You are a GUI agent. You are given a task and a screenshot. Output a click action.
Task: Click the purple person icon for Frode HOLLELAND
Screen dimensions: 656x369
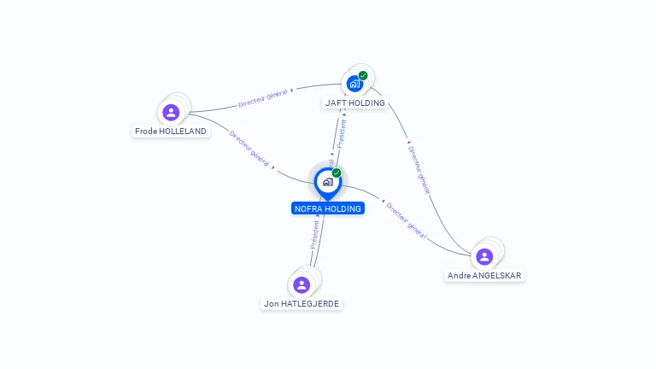tap(171, 112)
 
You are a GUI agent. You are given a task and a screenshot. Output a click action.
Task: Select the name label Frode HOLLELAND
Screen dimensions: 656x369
tap(171, 132)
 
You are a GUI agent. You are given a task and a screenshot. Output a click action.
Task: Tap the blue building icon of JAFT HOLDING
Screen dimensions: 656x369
tap(354, 84)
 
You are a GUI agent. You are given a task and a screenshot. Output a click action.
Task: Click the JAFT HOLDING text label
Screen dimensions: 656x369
tap(355, 103)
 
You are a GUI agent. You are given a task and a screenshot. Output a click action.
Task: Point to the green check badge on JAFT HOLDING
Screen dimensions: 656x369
tap(363, 75)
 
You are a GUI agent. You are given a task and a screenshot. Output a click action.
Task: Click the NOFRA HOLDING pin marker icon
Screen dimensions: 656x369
tap(327, 182)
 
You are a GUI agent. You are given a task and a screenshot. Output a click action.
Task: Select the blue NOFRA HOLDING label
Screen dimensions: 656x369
tap(328, 208)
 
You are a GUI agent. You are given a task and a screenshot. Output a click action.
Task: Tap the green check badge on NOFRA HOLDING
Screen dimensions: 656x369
tap(337, 173)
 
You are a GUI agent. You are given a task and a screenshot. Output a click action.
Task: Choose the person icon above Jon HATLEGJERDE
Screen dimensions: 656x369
tap(301, 284)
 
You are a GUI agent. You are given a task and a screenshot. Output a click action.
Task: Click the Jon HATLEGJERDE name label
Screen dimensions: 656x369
tap(302, 303)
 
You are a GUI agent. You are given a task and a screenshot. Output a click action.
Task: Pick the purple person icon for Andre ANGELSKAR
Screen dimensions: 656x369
tap(484, 256)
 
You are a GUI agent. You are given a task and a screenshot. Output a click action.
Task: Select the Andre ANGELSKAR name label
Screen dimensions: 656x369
tap(485, 276)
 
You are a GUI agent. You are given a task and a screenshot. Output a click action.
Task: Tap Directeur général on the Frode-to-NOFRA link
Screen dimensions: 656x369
tap(249, 148)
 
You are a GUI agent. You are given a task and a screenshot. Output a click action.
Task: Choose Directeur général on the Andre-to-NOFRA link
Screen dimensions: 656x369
tap(406, 219)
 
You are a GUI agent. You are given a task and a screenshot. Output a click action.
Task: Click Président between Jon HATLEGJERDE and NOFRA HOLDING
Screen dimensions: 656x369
tap(315, 233)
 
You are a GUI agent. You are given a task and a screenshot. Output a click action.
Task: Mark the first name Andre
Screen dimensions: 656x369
tap(459, 276)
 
